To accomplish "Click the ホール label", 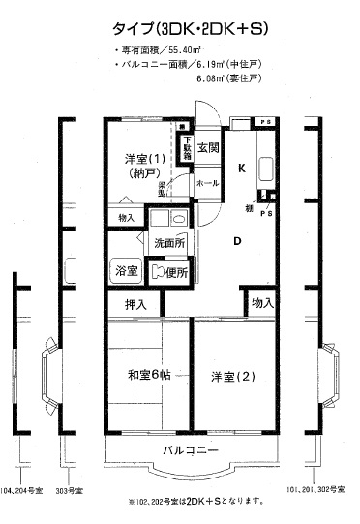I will tap(206, 181).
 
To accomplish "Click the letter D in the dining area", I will tap(236, 241).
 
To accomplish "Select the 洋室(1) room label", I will tap(142, 158).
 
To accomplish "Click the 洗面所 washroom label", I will tap(167, 241).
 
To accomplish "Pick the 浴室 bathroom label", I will tap(127, 269).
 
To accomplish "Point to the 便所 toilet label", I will tap(174, 270).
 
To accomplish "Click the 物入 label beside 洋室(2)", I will tap(261, 303).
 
